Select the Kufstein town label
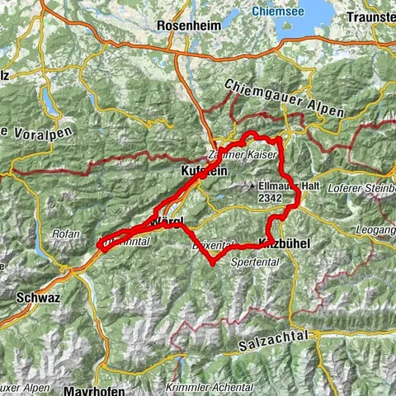click(x=197, y=172)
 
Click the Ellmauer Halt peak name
click(x=289, y=186)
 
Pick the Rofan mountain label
click(x=65, y=233)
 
